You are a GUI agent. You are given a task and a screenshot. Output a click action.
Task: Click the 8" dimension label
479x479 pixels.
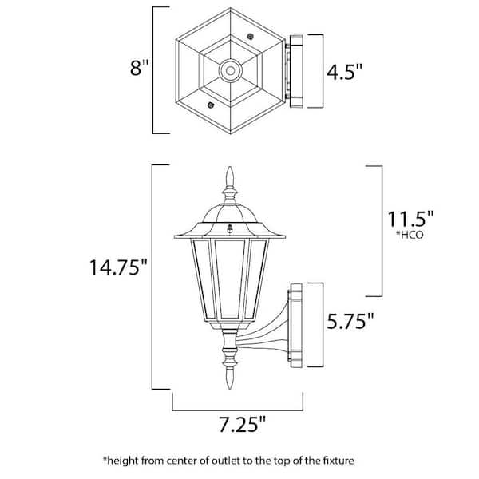[x=139, y=68]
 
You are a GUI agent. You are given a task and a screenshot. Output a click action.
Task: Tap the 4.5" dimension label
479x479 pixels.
[x=345, y=72]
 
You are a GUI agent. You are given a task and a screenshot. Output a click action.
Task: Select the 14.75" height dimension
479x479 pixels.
[x=118, y=267]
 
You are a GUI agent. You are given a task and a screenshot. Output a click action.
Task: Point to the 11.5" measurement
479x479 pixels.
[x=410, y=219]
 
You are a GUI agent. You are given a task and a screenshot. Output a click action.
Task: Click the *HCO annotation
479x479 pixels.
[x=410, y=235]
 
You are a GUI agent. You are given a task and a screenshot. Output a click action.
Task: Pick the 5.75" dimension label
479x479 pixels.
[x=350, y=321]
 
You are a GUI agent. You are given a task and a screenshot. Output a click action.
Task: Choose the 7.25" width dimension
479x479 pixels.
[x=242, y=424]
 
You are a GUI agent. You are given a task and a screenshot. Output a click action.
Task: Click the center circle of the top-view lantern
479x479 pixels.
[x=231, y=70]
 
